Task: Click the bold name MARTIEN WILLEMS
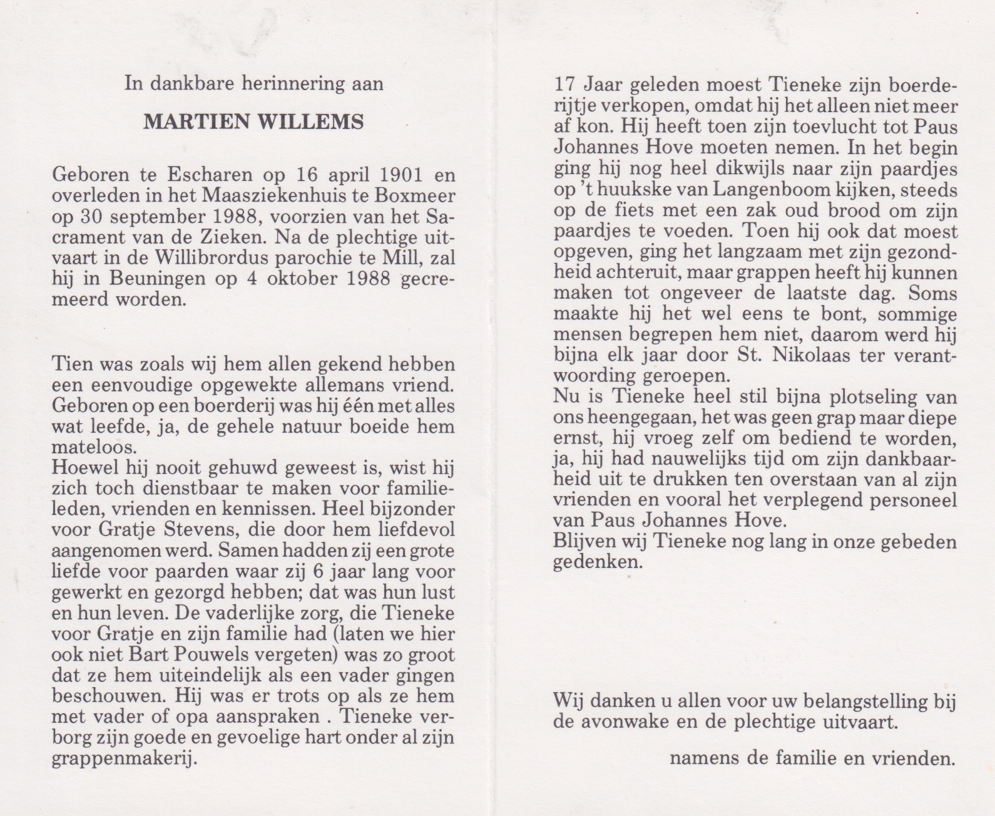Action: click(x=253, y=121)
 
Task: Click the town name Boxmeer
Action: click(x=417, y=195)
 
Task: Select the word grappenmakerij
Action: click(x=124, y=760)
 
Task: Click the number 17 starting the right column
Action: click(x=567, y=85)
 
